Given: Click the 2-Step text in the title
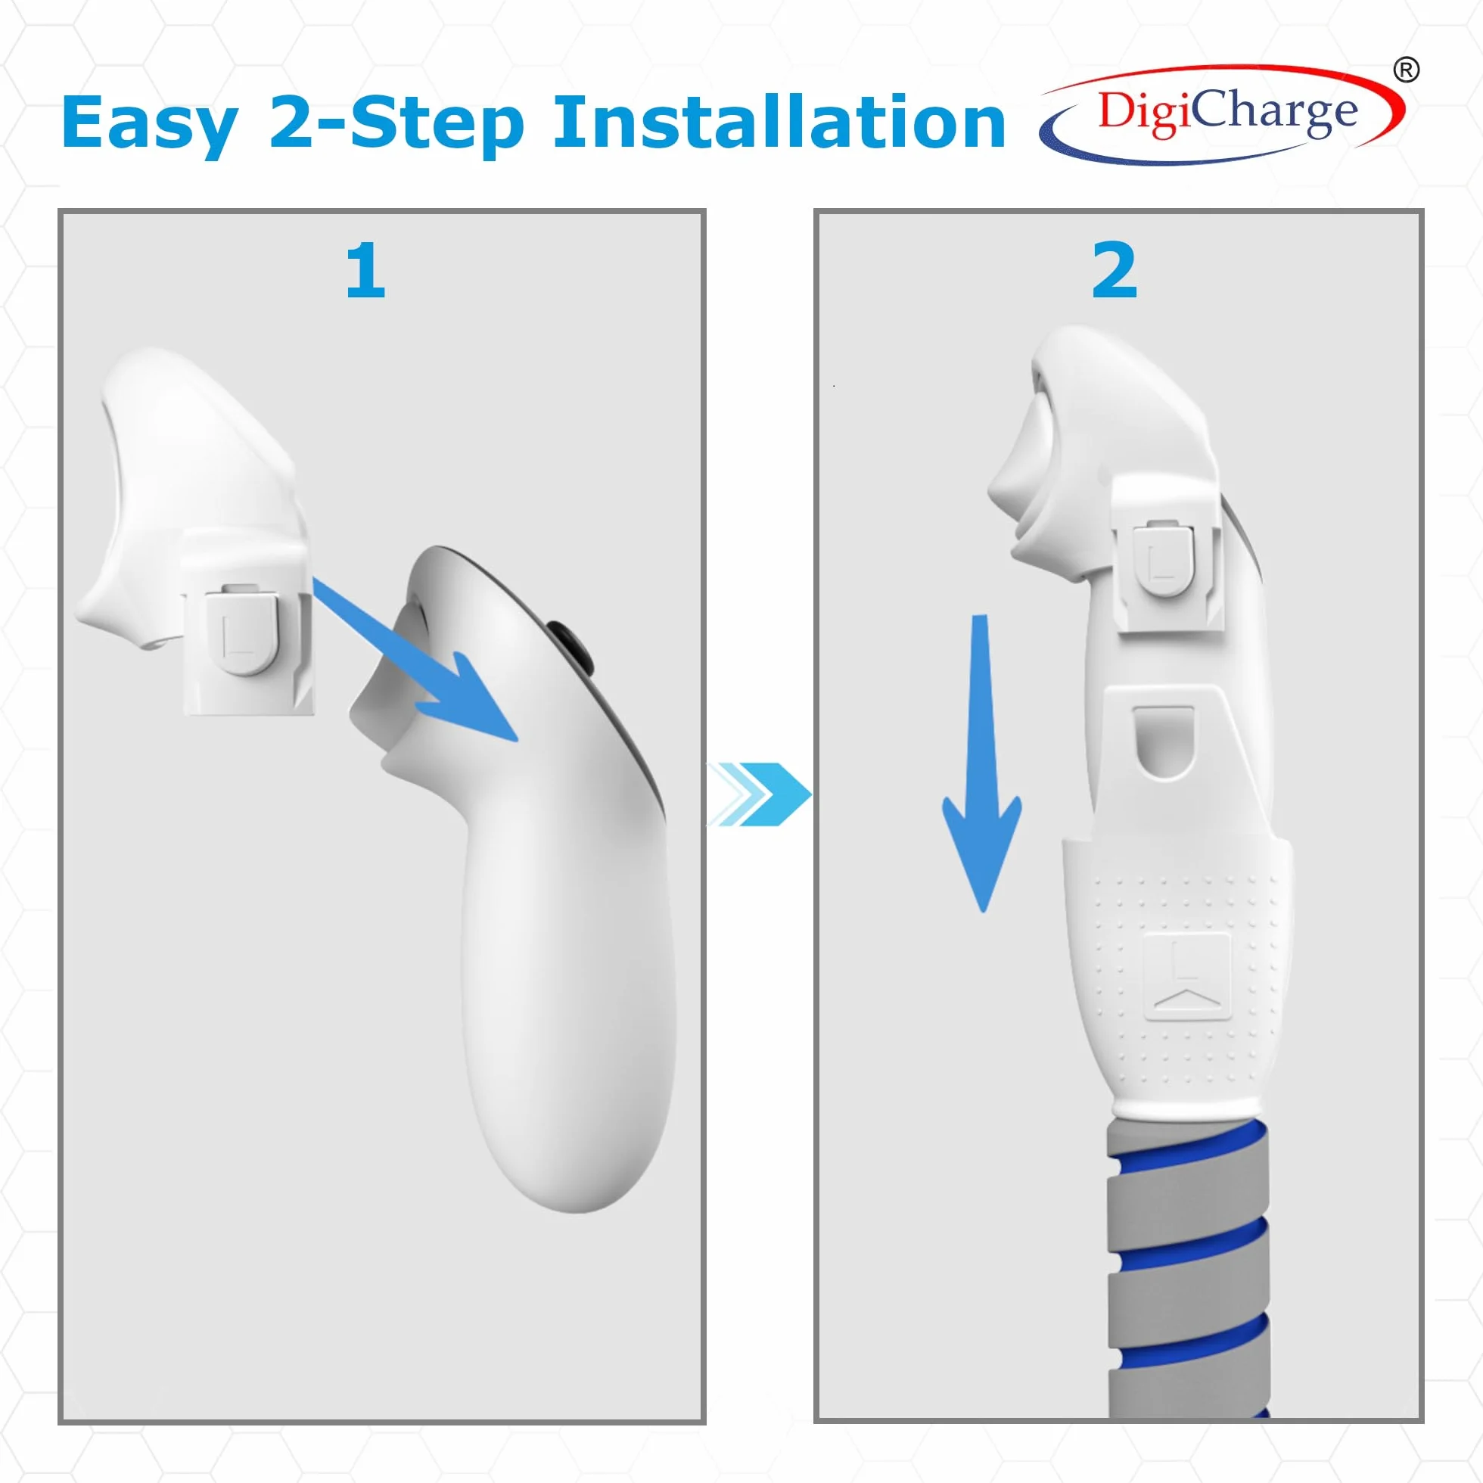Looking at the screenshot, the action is tap(396, 122).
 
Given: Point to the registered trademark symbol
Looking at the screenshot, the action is tap(1406, 70).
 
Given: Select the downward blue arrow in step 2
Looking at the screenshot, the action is tap(982, 763).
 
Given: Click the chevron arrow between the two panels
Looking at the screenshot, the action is tap(758, 794).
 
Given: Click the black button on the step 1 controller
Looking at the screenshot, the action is tap(573, 646).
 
